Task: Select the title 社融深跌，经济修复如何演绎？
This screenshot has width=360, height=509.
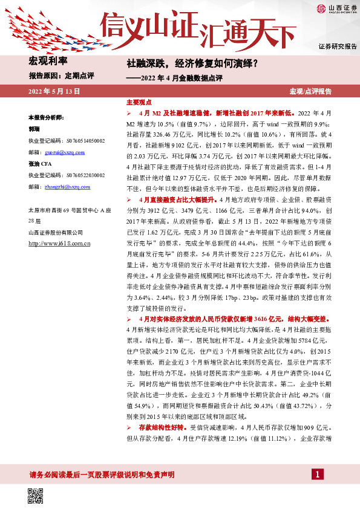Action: point(192,63)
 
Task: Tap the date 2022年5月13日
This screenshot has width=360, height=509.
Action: point(54,91)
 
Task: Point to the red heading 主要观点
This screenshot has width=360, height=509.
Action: point(139,103)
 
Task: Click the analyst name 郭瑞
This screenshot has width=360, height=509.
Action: point(34,129)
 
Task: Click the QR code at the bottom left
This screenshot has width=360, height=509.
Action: point(36,496)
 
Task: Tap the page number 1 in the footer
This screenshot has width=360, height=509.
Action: point(316,475)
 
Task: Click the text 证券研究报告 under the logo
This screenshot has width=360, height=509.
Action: point(338,47)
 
